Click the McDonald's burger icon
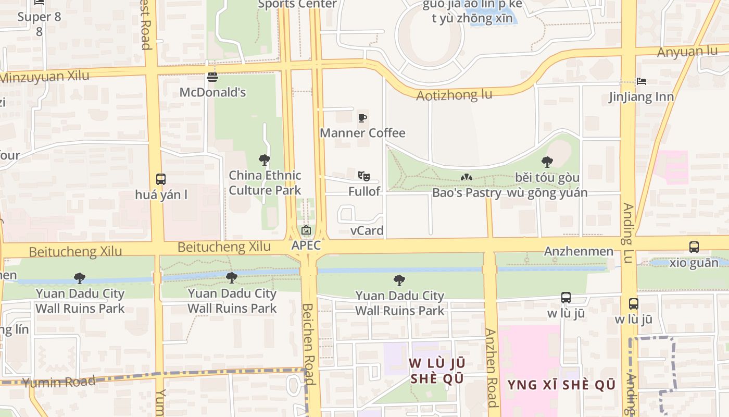click(212, 77)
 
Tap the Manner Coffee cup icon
click(362, 118)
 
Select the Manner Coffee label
click(362, 133)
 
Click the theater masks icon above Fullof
click(363, 176)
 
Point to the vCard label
click(367, 230)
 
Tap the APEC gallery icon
click(306, 230)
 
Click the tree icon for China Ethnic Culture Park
click(265, 160)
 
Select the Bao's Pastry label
click(467, 192)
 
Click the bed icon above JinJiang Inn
click(642, 81)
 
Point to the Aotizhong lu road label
click(454, 95)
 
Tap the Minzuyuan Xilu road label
click(45, 77)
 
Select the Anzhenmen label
click(579, 251)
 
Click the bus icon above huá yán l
click(161, 179)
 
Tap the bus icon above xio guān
click(694, 247)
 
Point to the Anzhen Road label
click(491, 367)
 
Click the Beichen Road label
click(309, 344)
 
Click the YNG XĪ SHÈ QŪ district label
click(561, 385)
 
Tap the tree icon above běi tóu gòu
click(547, 162)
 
